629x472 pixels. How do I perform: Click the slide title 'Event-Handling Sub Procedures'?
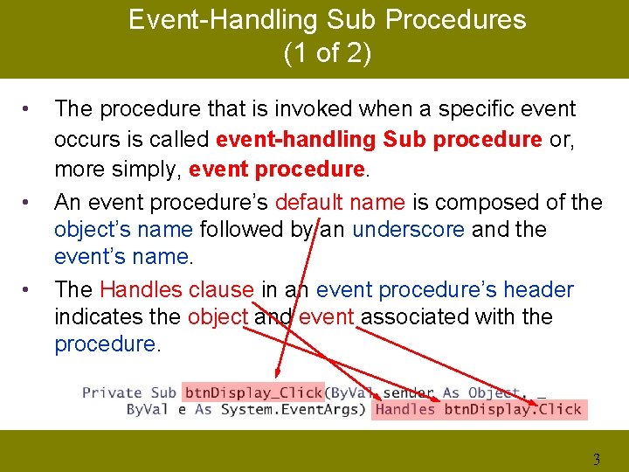(327, 20)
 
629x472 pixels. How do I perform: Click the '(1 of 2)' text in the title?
(327, 53)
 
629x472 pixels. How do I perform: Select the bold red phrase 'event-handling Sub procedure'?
(378, 140)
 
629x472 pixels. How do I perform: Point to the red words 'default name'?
(340, 202)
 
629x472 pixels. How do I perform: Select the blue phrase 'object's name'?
(124, 230)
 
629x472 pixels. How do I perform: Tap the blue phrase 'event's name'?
(121, 257)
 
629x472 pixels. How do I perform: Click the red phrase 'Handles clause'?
(177, 289)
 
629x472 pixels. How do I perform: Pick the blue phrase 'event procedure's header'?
(445, 289)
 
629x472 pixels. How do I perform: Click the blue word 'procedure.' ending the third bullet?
(107, 344)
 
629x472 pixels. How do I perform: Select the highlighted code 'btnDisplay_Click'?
(253, 392)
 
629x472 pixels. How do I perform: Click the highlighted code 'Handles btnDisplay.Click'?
(477, 409)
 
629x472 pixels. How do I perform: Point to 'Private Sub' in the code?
(129, 392)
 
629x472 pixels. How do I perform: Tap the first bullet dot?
(29, 109)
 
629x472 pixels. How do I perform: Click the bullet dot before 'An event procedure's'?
(29, 203)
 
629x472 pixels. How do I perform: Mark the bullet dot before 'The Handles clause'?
(29, 289)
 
